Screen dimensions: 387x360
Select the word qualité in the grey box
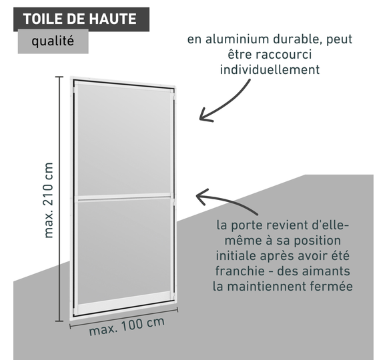53,41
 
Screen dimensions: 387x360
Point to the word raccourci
284,55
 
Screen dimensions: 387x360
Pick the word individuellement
270,69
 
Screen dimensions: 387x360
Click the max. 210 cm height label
48,200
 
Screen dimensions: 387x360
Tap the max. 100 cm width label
127,326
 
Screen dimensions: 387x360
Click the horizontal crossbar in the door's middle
124,197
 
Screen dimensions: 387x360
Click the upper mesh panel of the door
124,139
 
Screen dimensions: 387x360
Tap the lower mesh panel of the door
124,249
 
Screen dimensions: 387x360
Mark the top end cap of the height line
59,77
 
